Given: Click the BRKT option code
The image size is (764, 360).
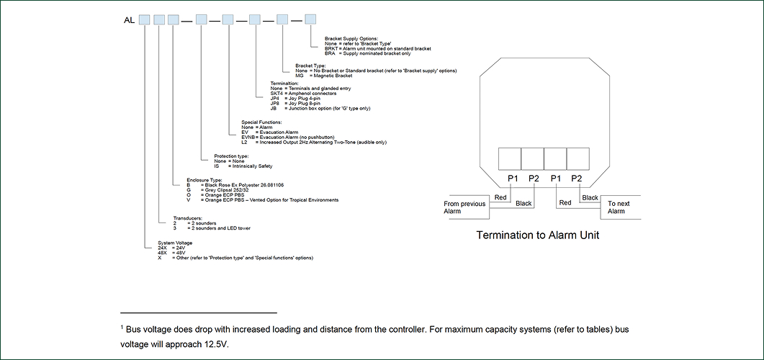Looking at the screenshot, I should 332,48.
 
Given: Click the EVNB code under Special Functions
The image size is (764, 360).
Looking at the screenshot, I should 250,138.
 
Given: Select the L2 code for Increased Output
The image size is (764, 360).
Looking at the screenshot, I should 245,143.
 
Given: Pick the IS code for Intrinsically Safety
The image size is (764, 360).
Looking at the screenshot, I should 217,166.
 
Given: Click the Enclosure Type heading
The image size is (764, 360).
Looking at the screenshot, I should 205,180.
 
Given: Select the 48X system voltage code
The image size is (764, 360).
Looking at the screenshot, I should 163,253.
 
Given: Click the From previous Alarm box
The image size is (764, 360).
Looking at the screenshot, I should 466,207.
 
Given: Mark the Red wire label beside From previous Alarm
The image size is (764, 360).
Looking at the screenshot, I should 501,197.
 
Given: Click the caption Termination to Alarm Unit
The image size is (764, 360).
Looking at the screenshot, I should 537,235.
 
